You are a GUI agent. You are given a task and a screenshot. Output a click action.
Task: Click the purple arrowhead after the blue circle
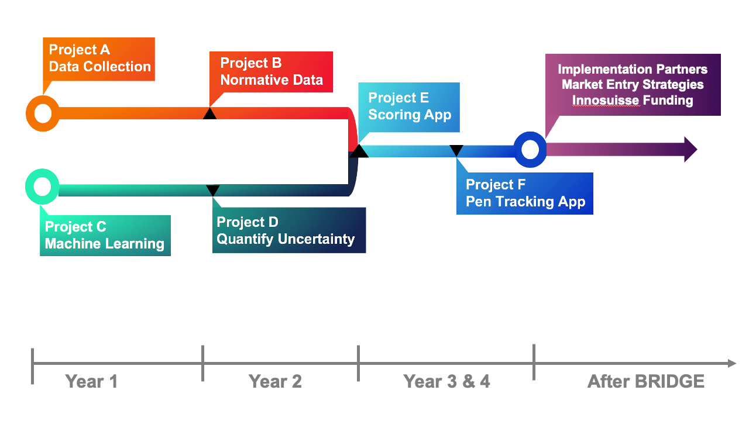pos(691,149)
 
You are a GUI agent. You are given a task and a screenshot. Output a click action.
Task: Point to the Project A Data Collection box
pos(99,59)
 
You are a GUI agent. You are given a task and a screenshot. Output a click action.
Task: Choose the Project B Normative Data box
pos(271,72)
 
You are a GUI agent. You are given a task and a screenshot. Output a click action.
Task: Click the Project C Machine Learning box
pos(105,236)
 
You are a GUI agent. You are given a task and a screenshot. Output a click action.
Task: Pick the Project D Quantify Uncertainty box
pos(289,230)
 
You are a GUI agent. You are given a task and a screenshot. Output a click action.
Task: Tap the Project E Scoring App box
pos(409,107)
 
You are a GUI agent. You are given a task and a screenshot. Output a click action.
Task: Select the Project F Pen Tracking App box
pos(525,194)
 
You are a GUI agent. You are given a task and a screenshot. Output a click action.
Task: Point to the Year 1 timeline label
pos(91,381)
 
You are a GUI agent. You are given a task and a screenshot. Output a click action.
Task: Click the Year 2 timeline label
pos(275,381)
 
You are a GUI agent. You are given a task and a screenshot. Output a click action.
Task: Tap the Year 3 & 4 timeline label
pos(446,381)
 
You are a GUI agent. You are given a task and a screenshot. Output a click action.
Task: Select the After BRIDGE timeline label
pos(646,381)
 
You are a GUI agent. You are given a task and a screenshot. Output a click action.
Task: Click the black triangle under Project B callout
pos(209,113)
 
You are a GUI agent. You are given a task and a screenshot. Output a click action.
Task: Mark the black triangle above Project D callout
pos(212,190)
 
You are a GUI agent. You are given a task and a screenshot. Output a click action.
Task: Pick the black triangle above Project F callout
pos(456,151)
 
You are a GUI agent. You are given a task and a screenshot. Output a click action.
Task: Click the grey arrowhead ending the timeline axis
pos(732,363)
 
